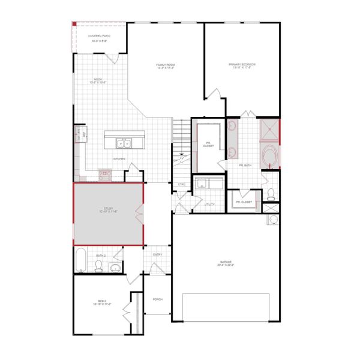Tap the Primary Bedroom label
pos(242,64)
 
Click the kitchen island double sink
pos(125,143)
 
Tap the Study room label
pos(108,210)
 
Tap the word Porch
pos(158,299)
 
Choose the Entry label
pos(158,254)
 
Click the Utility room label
pos(209,205)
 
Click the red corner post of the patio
pos(74,23)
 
